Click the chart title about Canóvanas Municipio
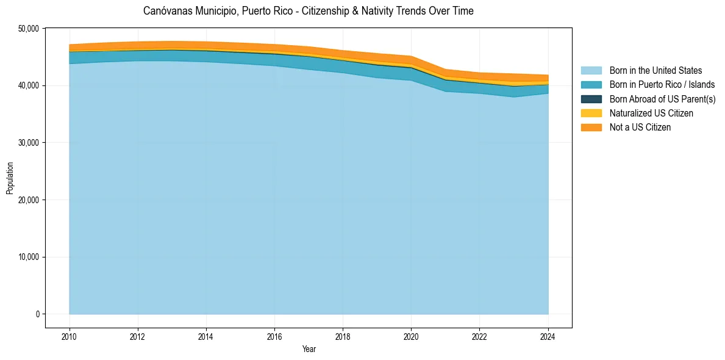308,11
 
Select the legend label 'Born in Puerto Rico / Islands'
662,85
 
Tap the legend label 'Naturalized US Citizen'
651,113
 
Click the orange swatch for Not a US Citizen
591,128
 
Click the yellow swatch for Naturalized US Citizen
591,113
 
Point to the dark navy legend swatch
591,99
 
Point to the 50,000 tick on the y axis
29,29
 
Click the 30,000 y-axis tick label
29,143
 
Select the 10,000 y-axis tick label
29,257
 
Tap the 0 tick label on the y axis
37,314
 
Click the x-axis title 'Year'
309,349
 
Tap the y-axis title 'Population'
10,178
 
